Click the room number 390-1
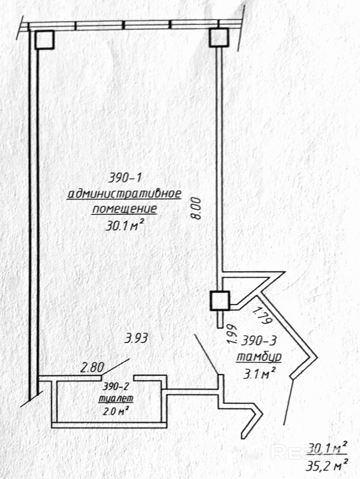126,178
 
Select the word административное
124,194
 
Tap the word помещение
125,209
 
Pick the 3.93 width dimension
136,338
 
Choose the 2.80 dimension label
92,367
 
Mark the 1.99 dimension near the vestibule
233,334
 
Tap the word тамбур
259,357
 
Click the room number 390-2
116,387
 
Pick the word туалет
116,399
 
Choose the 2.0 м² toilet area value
115,411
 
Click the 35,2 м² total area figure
327,467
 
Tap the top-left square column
45,40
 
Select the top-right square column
219,37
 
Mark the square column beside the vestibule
220,301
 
